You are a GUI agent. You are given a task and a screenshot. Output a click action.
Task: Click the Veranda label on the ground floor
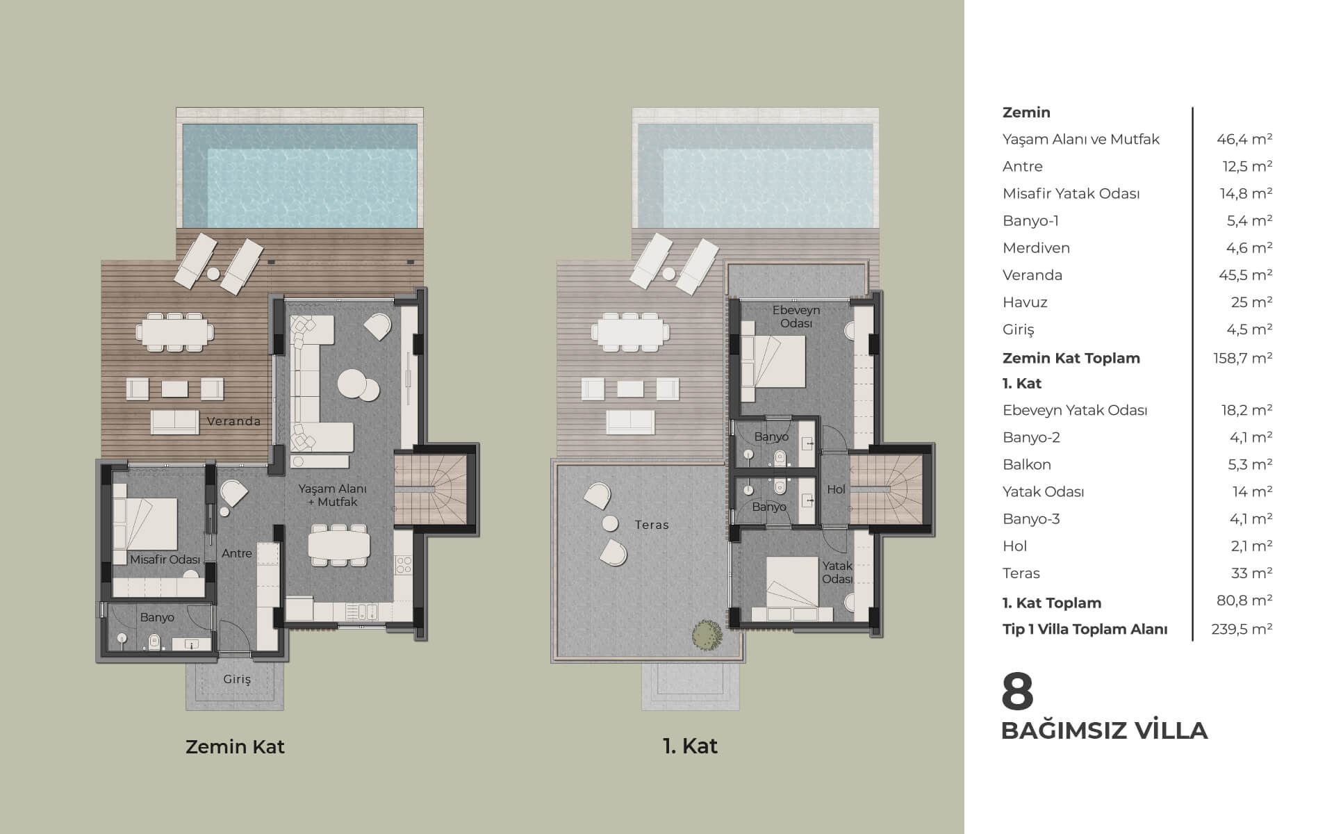pyautogui.click(x=233, y=421)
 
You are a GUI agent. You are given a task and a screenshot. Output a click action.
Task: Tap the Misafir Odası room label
pyautogui.click(x=165, y=559)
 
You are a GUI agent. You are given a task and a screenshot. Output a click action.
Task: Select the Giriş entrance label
pyautogui.click(x=237, y=680)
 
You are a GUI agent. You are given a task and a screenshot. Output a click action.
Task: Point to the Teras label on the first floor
pyautogui.click(x=652, y=525)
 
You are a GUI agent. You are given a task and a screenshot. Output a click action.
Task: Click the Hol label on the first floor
pyautogui.click(x=836, y=489)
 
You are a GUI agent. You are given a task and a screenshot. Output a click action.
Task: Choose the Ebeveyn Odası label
pyautogui.click(x=796, y=317)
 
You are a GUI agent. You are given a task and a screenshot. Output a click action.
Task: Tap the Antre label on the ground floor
pyautogui.click(x=237, y=554)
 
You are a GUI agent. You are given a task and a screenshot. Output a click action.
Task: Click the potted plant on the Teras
pyautogui.click(x=706, y=634)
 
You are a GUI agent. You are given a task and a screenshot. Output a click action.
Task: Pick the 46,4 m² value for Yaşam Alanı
pyautogui.click(x=1244, y=139)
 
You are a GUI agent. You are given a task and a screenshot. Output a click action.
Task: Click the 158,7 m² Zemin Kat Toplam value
pyautogui.click(x=1242, y=358)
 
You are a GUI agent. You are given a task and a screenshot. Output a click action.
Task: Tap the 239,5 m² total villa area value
pyautogui.click(x=1242, y=629)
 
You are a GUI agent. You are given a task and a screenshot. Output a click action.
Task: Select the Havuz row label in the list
pyautogui.click(x=1025, y=302)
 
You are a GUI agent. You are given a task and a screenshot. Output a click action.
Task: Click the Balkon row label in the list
pyautogui.click(x=1027, y=465)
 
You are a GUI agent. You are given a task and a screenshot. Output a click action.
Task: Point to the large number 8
pyautogui.click(x=1018, y=692)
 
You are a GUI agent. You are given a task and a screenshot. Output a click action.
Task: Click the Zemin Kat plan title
pyautogui.click(x=235, y=746)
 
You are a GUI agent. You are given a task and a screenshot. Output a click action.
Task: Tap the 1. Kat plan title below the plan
pyautogui.click(x=690, y=746)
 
